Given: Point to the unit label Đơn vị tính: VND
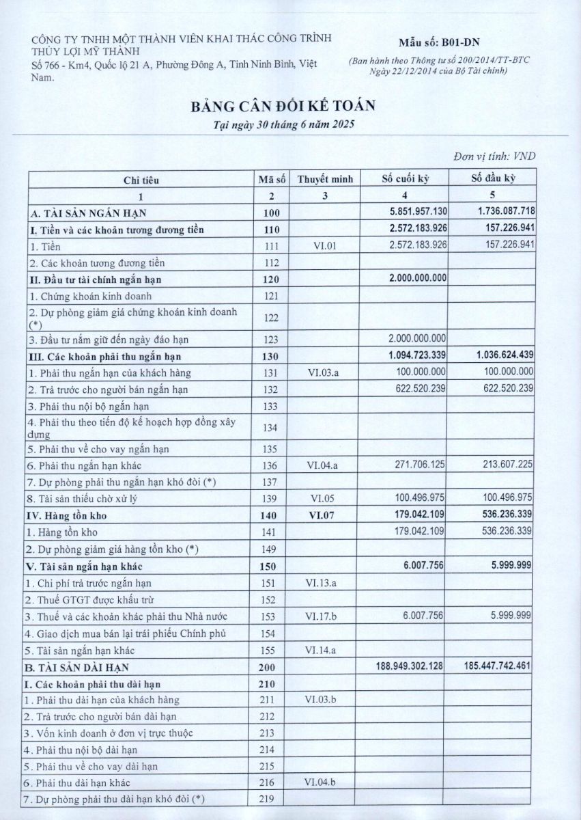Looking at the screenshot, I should point(494,156).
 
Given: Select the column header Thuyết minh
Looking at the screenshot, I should point(325,179).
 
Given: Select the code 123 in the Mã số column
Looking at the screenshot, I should point(271,339).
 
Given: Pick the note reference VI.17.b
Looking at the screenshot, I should point(325,616).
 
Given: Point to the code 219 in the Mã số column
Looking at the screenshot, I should point(271,799).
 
